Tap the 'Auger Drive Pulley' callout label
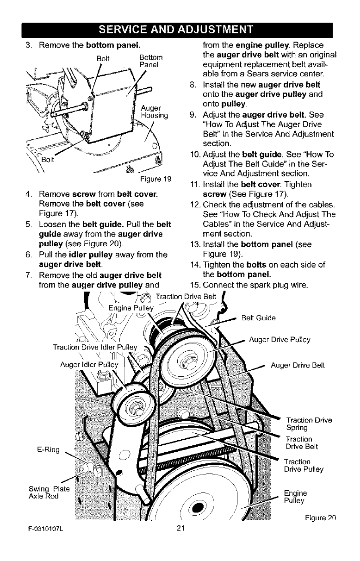pos(279,340)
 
